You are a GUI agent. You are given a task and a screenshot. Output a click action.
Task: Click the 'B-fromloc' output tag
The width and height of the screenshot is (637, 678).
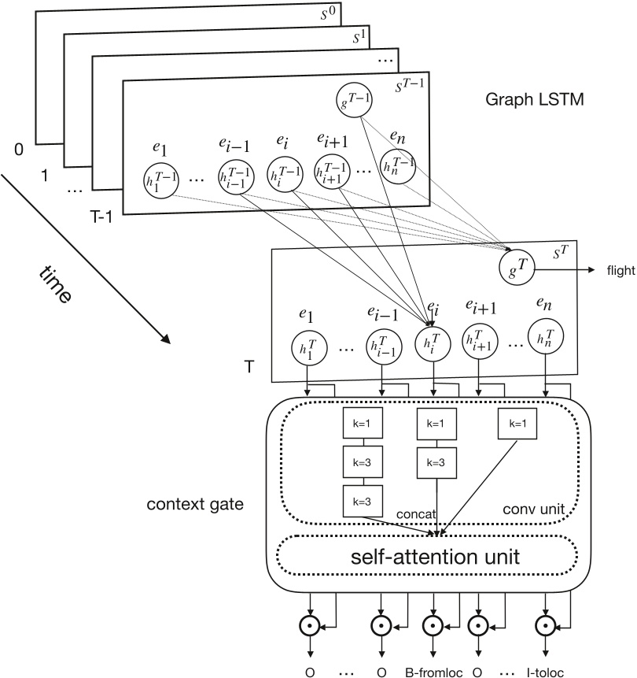pyautogui.click(x=432, y=672)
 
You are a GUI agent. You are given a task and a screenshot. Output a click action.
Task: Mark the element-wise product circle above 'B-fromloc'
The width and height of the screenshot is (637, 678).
pyautogui.click(x=431, y=628)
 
